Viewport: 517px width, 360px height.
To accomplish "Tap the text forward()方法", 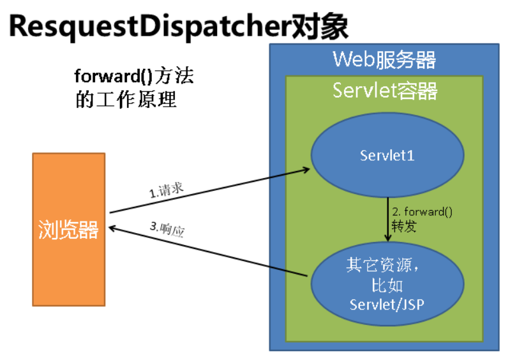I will [133, 77].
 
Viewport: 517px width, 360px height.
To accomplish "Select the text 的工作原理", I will [126, 100].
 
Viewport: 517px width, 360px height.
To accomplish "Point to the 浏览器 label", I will [68, 230].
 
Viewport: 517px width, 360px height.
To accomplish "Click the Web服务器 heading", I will [384, 60].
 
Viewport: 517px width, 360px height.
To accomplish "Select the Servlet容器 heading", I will [385, 91].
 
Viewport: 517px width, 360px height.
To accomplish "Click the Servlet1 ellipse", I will [387, 155].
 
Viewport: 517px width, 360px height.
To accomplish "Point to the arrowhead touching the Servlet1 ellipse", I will [306, 170].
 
